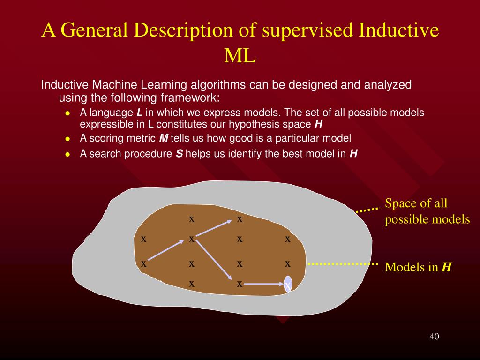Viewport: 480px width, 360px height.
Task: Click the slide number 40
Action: [x=434, y=337]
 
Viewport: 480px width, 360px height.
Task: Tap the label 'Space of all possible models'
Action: [x=427, y=211]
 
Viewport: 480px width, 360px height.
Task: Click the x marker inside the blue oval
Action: [x=288, y=285]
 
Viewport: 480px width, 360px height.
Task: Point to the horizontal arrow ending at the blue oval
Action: [x=263, y=284]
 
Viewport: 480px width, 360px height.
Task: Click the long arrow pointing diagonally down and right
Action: [x=214, y=260]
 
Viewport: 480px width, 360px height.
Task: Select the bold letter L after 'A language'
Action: [x=139, y=113]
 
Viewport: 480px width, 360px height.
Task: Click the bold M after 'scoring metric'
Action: [x=164, y=138]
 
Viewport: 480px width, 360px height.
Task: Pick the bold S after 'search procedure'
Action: [x=179, y=154]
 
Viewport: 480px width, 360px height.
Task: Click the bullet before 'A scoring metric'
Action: [x=68, y=139]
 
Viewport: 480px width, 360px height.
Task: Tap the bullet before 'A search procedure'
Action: [x=68, y=154]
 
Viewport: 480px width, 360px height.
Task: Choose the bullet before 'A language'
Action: [x=68, y=113]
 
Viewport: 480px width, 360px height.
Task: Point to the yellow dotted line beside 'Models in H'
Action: [x=342, y=264]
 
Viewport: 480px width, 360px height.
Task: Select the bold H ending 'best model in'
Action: [x=353, y=154]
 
